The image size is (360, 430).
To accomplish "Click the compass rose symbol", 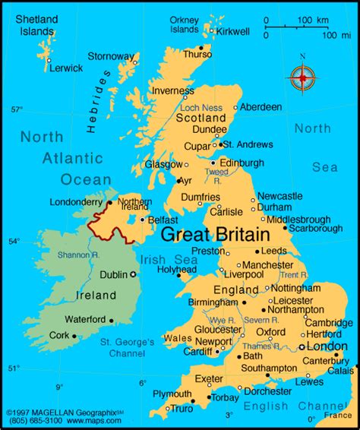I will pos(302,77).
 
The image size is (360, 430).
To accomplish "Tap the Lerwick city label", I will pos(65,68).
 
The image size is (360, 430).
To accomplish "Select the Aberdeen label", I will pos(261,107).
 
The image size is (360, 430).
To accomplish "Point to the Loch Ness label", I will pos(201,107).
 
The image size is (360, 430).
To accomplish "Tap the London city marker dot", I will pos(302,346).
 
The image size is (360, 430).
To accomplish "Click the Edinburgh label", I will pos(242,163).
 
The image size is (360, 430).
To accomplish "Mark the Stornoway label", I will pos(111,56).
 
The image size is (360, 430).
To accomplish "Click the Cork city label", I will pos(58,334).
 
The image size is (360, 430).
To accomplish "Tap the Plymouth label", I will pos(172,394).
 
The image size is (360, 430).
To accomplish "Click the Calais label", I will pos(340,371).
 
